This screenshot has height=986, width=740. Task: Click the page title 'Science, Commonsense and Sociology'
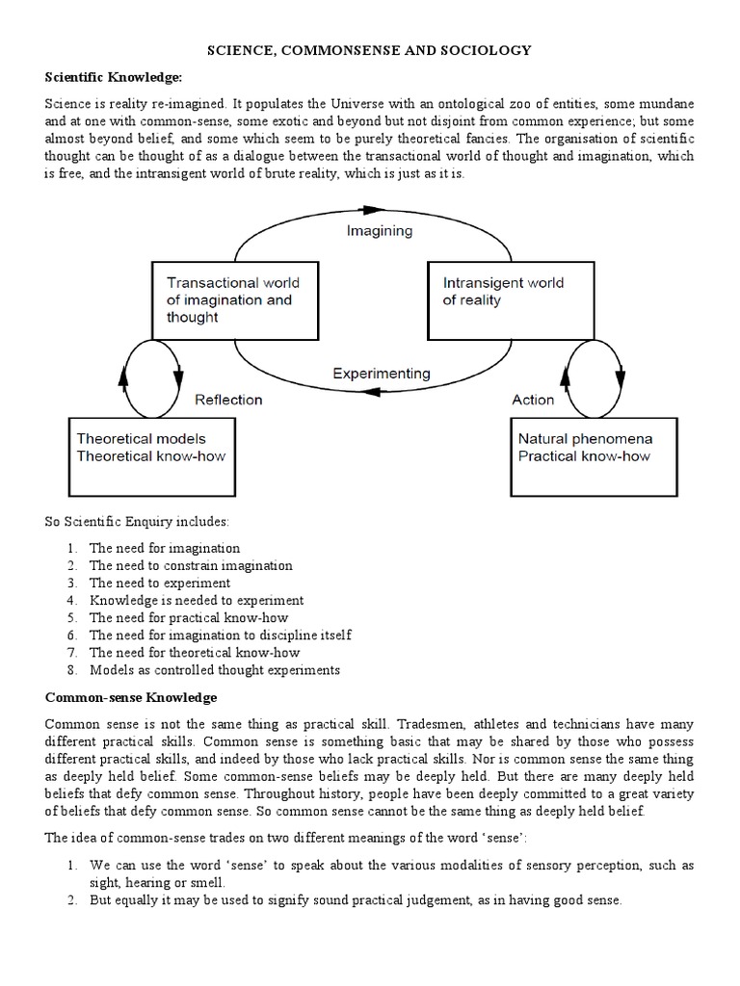[371, 49]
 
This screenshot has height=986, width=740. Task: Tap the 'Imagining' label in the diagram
[379, 230]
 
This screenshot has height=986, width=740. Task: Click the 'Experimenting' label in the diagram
[381, 373]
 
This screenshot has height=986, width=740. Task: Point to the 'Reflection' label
[228, 399]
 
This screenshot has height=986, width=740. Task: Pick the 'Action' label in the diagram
[533, 399]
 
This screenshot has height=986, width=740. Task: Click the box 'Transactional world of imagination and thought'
[235, 299]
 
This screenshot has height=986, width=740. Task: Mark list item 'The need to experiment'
[159, 583]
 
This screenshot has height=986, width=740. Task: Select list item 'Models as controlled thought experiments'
[215, 669]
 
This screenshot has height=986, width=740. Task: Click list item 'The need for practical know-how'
[188, 617]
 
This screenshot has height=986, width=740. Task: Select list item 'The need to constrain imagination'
[191, 565]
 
